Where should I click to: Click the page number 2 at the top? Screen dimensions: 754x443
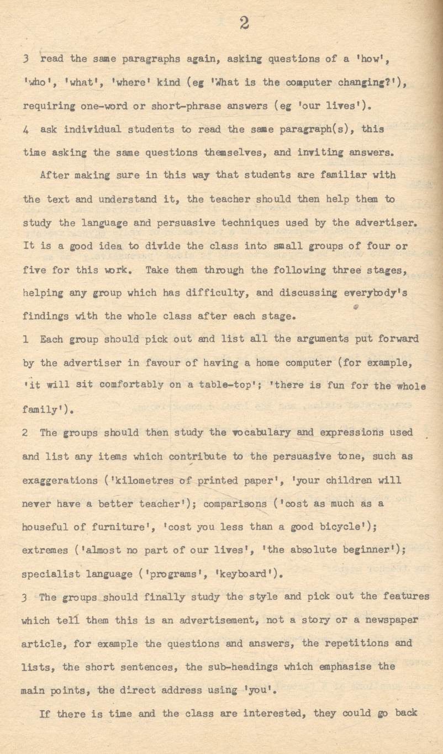click(245, 23)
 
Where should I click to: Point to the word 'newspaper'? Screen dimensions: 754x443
click(392, 620)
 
